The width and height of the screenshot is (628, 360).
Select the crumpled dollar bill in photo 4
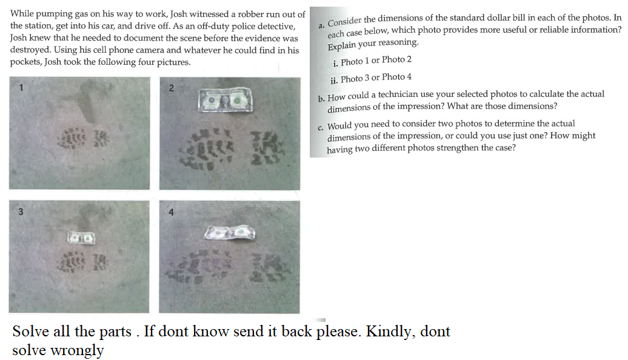point(230,232)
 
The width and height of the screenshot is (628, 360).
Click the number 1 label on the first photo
point(21,87)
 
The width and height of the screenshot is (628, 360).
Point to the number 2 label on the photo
point(171,88)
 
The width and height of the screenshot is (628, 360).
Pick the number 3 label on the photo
point(21,212)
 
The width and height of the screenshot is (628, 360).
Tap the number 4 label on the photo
point(171,212)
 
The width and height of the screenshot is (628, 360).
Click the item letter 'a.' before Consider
point(322,24)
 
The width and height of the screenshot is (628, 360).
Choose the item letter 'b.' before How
point(322,99)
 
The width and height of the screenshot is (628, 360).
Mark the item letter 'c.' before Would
point(321,127)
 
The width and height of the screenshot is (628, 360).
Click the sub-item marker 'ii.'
point(334,80)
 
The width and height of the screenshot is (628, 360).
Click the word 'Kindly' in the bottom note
point(388,332)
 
